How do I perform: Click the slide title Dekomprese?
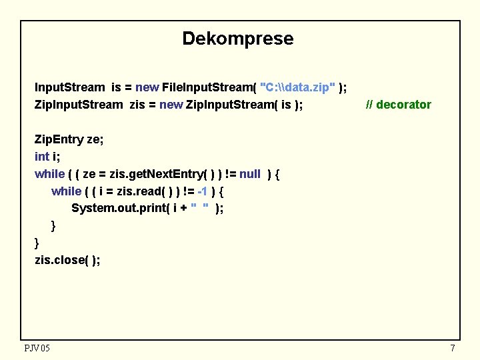[237, 39]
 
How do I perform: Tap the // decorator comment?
[399, 105]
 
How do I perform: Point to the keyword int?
[41, 157]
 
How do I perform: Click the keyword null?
[249, 174]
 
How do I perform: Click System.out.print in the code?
[120, 209]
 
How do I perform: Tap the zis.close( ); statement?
[67, 260]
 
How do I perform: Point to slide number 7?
[453, 348]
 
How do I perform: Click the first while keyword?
[49, 174]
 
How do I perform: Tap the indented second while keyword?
[66, 191]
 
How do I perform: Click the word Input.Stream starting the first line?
[69, 87]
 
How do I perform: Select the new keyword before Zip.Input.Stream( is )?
[171, 105]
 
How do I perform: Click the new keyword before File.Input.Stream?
[147, 87]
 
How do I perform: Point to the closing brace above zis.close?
[37, 243]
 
